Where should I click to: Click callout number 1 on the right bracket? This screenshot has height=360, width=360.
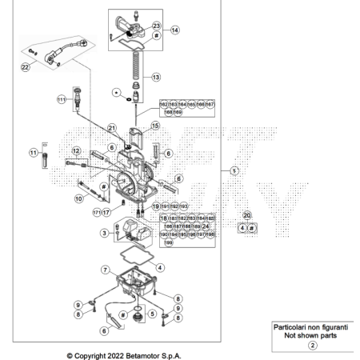pyautogui.click(x=234, y=171)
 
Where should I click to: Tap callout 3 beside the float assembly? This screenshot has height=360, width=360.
pyautogui.click(x=104, y=234)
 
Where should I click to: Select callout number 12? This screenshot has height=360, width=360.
pyautogui.click(x=77, y=151)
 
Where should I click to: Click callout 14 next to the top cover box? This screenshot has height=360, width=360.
pyautogui.click(x=174, y=30)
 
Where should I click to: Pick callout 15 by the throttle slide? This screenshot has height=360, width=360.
pyautogui.click(x=155, y=126)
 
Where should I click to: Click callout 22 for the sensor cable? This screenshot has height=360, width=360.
pyautogui.click(x=25, y=68)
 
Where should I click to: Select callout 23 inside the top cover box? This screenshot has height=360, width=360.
pyautogui.click(x=156, y=26)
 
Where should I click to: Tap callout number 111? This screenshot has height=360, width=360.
pyautogui.click(x=61, y=100)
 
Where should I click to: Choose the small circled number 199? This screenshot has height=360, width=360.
pyautogui.click(x=169, y=242)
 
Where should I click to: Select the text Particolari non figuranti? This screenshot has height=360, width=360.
pyautogui.click(x=312, y=328)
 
